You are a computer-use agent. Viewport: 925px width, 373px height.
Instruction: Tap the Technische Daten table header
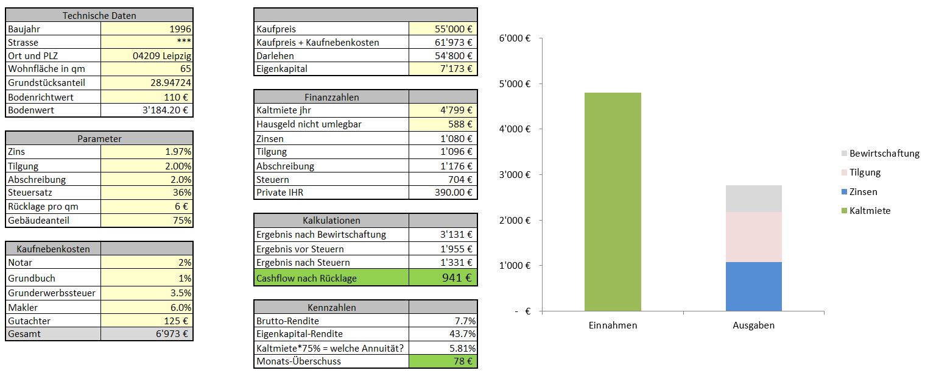[99, 15]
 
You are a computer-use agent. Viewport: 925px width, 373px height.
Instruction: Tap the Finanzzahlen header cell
[331, 97]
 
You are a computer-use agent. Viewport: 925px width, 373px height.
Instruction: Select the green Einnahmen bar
[613, 201]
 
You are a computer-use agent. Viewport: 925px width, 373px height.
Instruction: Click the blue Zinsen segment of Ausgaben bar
[753, 286]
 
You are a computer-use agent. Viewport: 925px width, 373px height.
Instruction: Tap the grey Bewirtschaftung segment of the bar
[753, 199]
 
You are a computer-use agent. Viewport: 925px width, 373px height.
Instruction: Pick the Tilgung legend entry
[865, 172]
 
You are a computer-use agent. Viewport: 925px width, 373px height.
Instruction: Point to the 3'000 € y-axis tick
[515, 175]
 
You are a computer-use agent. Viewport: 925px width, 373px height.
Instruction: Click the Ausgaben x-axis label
[753, 325]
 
